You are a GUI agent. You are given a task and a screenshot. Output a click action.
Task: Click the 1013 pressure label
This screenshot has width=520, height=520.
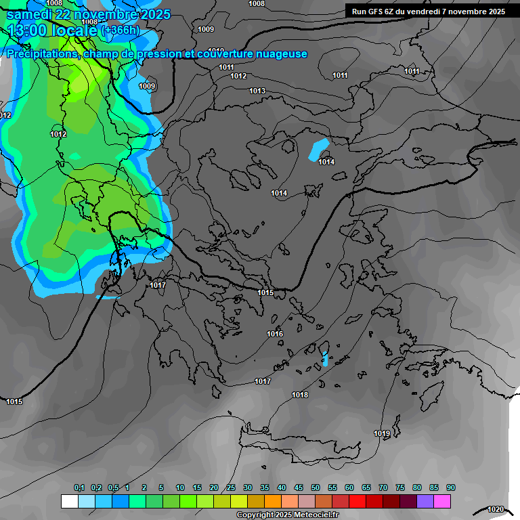coord(257,91)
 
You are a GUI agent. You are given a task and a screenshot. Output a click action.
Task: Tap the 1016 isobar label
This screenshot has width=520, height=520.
coord(275,334)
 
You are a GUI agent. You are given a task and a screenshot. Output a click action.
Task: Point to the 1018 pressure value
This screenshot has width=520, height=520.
coord(300,395)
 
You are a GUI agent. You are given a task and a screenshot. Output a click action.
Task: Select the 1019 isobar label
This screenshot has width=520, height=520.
coord(382,433)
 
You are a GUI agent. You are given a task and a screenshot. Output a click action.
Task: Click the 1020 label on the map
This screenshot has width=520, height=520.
coord(496,509)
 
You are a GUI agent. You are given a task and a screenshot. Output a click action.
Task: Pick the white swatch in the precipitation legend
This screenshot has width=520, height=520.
coord(69,501)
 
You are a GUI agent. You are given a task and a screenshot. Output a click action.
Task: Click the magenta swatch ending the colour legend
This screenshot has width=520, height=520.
coord(442,501)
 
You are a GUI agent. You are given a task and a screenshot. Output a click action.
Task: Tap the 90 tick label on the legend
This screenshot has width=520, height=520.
coord(450,488)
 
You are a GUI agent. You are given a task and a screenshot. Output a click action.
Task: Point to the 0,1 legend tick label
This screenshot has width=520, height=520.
coord(79,488)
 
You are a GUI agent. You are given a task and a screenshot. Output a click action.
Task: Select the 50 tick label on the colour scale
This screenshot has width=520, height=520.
coord(316,488)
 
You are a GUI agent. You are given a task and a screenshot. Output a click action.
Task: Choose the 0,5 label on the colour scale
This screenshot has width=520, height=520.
coord(113,488)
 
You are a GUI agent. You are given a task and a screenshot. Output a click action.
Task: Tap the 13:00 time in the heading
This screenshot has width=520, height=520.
coord(28,30)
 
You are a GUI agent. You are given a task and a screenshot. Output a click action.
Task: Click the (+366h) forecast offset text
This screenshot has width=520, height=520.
coord(120,30)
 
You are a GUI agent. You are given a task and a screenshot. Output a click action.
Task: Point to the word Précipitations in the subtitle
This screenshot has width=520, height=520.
coord(42,53)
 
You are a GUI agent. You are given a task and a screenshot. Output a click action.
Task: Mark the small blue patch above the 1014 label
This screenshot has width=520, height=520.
coord(319,150)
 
